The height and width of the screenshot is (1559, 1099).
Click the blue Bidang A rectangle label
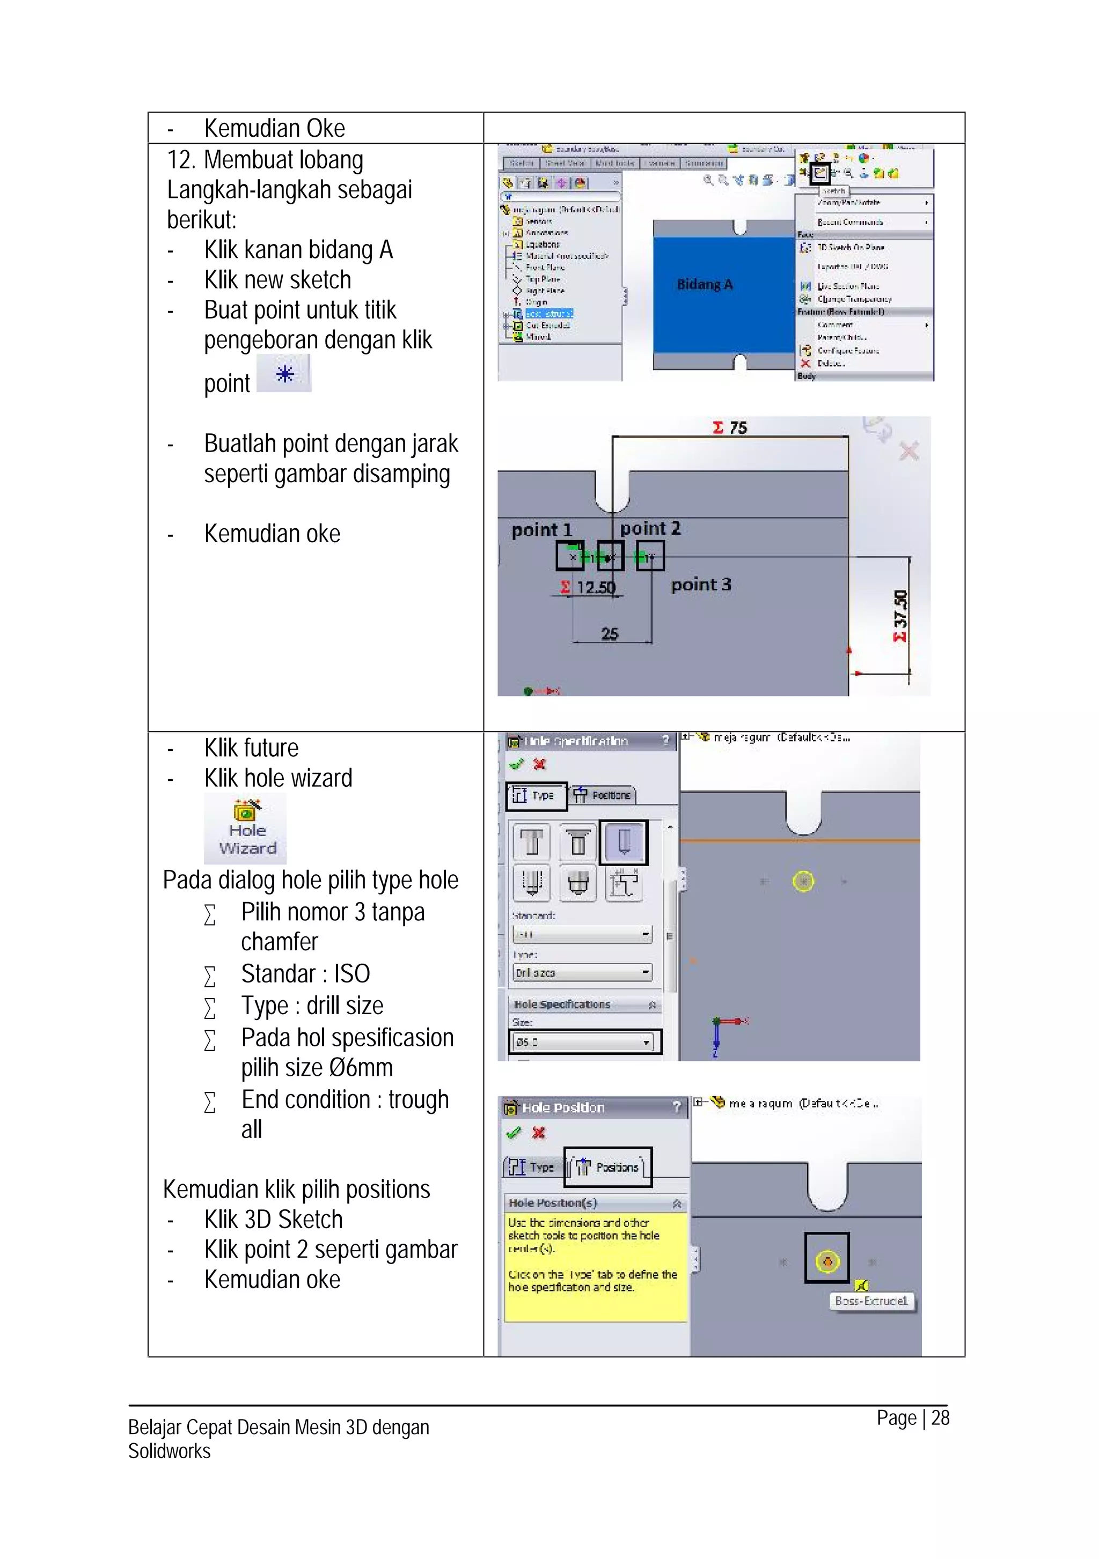point(705,285)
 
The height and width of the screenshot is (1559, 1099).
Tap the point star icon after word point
point(284,374)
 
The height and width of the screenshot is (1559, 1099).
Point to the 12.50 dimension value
point(595,587)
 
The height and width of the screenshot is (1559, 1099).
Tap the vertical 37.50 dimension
point(900,616)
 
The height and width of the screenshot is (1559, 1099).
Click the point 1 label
point(541,530)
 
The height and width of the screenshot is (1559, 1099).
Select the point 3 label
point(700,585)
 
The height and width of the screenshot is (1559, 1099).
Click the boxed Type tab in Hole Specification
point(536,795)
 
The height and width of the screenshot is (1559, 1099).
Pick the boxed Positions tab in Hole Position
point(608,1167)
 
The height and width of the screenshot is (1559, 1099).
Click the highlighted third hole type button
point(624,842)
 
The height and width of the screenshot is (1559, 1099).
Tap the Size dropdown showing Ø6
point(584,1041)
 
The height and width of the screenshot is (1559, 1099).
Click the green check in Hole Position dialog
point(514,1133)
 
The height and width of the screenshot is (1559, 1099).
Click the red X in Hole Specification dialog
point(539,765)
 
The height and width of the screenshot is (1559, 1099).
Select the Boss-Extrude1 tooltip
point(871,1301)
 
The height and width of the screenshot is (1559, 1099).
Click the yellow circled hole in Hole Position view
point(826,1261)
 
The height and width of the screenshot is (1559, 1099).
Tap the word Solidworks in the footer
point(169,1452)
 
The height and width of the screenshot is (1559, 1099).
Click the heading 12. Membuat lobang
point(265,160)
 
